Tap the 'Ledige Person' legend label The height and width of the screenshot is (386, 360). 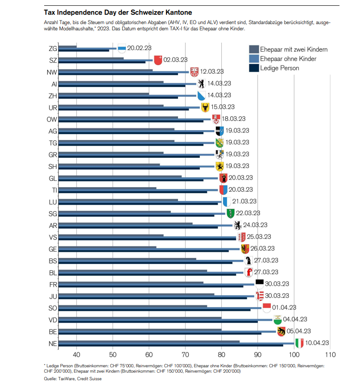coord(280,68)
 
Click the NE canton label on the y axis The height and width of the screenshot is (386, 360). coord(52,343)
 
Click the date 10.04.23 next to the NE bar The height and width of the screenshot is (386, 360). coord(318,343)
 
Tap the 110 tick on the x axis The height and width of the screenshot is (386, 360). coord(330,355)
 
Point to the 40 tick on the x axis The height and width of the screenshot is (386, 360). coord(76,355)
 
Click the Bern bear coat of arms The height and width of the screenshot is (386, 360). coord(281,331)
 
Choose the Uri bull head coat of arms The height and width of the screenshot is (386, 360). coord(205,107)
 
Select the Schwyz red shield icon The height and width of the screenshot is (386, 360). coord(157,59)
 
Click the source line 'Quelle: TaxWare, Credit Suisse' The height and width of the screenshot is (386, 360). coord(73,378)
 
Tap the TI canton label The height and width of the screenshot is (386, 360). coord(53,190)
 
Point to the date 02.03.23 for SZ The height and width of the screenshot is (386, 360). coord(175,59)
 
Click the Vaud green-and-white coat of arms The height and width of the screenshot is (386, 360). coord(277,319)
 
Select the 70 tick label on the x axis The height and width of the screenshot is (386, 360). coord(185,355)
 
